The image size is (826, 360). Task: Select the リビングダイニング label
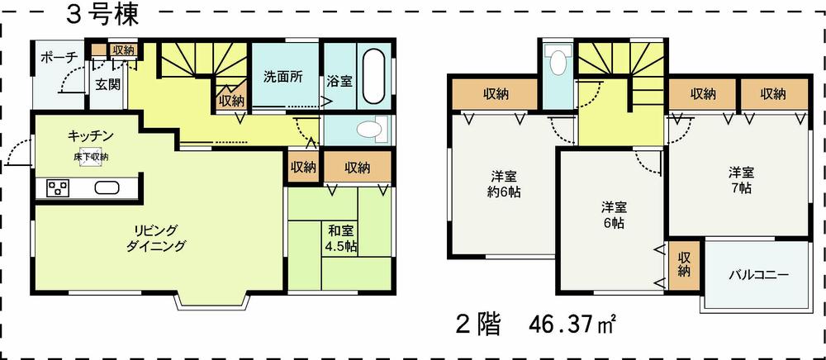(x=156, y=237)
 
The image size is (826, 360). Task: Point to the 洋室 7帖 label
(x=740, y=180)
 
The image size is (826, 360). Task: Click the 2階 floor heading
(x=479, y=323)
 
